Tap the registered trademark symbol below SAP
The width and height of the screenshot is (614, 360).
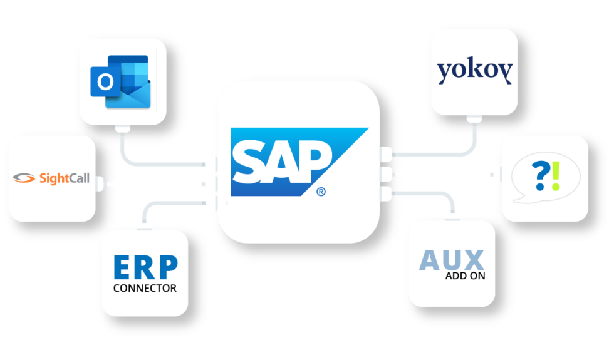pyautogui.click(x=321, y=192)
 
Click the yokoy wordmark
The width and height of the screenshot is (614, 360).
pyautogui.click(x=474, y=71)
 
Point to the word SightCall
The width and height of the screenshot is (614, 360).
pyautogui.click(x=65, y=178)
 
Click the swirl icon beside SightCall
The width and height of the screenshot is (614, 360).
pyautogui.click(x=24, y=178)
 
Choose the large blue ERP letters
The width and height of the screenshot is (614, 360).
pyautogui.click(x=145, y=267)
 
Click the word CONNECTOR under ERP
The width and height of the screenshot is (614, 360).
pyautogui.click(x=145, y=289)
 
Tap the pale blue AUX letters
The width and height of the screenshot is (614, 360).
pyautogui.click(x=452, y=260)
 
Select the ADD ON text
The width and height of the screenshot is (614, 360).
pyautogui.click(x=465, y=276)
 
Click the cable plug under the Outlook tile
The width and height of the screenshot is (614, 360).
pyautogui.click(x=122, y=128)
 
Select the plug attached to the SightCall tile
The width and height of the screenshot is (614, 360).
pyautogui.click(x=100, y=184)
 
